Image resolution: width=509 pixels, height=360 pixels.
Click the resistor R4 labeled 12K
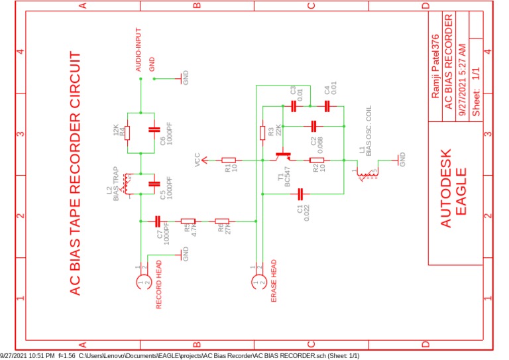pyautogui.click(x=127, y=133)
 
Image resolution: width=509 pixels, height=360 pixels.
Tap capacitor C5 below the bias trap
pyautogui.click(x=154, y=184)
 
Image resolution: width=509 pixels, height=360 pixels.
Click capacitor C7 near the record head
pyautogui.click(x=158, y=221)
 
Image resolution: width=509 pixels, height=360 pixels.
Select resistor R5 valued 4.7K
pyautogui.click(x=188, y=221)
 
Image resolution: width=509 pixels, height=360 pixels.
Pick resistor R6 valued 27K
pyautogui.click(x=221, y=221)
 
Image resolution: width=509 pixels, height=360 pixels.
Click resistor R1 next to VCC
pyautogui.click(x=229, y=160)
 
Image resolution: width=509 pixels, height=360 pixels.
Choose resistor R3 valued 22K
pyautogui.click(x=262, y=132)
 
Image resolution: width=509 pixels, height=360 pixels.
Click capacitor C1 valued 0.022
pyautogui.click(x=301, y=194)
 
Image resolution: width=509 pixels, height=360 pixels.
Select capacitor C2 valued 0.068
pyautogui.click(x=313, y=125)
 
